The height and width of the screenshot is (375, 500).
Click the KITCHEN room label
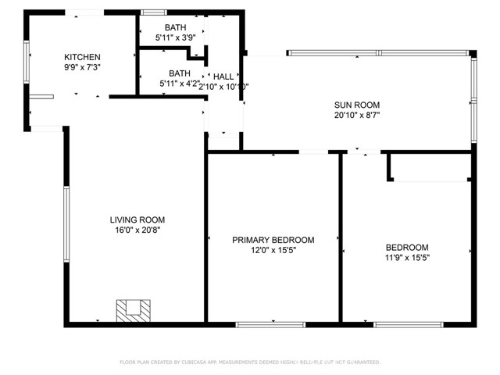coord(82,57)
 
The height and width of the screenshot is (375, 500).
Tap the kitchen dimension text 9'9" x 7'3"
coord(82,67)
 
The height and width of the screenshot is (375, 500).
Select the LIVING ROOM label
coord(137,220)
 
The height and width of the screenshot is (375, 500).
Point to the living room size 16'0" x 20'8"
coord(137,230)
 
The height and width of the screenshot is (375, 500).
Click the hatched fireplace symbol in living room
coord(132,310)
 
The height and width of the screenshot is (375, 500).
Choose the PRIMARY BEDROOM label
coord(273,240)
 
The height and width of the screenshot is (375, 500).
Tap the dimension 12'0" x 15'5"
coord(273,251)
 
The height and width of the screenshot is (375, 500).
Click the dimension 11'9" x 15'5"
coord(407,257)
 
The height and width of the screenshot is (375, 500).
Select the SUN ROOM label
coord(357,105)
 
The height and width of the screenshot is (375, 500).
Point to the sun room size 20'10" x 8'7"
coord(357,115)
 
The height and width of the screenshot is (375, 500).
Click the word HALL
coord(223,77)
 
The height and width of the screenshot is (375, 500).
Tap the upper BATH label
coord(175,27)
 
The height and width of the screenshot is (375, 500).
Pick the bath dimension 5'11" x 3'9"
coord(175,37)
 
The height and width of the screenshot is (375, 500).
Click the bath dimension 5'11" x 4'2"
coord(178,84)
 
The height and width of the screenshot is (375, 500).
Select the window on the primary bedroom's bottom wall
coord(260,323)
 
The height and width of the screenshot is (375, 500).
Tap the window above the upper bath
coord(153,12)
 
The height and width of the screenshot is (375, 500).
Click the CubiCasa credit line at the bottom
coord(250,362)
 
